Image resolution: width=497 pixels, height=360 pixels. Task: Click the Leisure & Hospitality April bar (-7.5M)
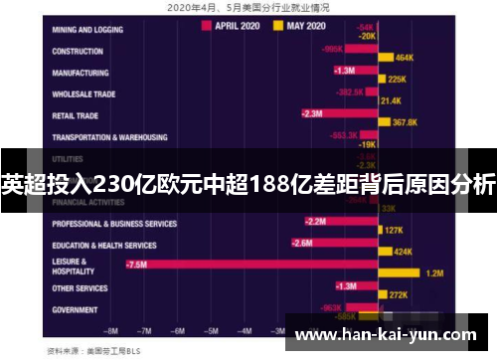click(248, 264)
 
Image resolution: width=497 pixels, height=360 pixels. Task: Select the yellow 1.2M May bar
click(404, 272)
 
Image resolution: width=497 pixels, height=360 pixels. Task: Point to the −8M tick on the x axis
click(112, 329)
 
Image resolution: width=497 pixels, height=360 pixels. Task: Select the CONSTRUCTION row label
click(79, 50)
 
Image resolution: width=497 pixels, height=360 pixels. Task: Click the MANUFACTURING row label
click(83, 73)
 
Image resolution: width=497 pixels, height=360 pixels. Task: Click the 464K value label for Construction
click(405, 59)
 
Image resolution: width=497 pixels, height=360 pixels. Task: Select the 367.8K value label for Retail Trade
click(405, 122)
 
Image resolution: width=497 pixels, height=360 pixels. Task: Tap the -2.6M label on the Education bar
click(302, 242)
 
